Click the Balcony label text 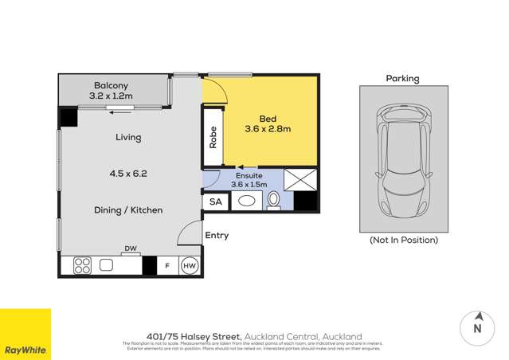111,86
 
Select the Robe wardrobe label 213,140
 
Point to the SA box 215,202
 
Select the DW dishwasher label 131,248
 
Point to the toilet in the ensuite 273,202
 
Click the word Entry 217,235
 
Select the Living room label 127,137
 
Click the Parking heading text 402,79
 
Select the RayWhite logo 25,335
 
